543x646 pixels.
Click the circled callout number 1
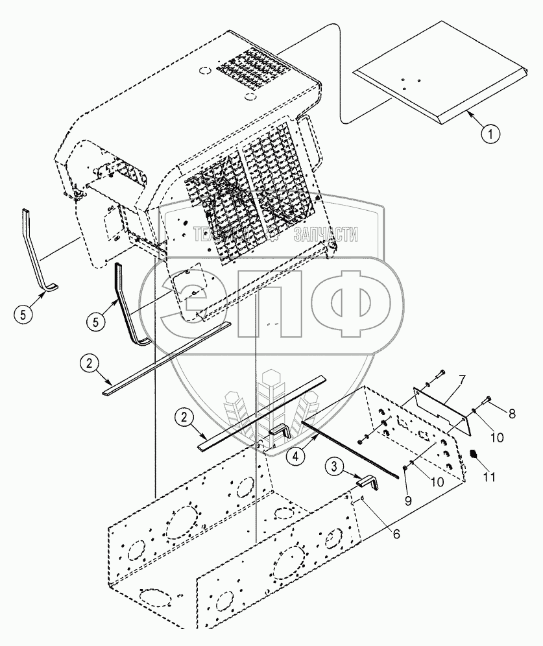pos(490,135)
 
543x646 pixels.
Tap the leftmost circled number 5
pos(23,315)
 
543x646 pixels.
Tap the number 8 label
pos(512,413)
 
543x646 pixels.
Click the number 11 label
pos(489,477)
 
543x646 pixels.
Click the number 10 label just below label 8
pos(497,438)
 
